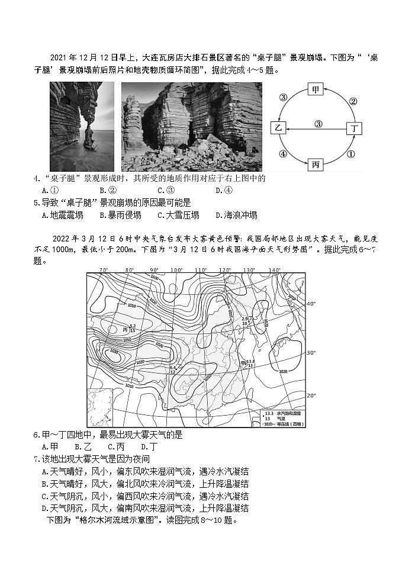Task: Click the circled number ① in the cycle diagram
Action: click(350, 153)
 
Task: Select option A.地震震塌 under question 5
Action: click(62, 216)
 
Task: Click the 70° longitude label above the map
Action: click(104, 270)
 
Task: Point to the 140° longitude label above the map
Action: click(274, 270)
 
